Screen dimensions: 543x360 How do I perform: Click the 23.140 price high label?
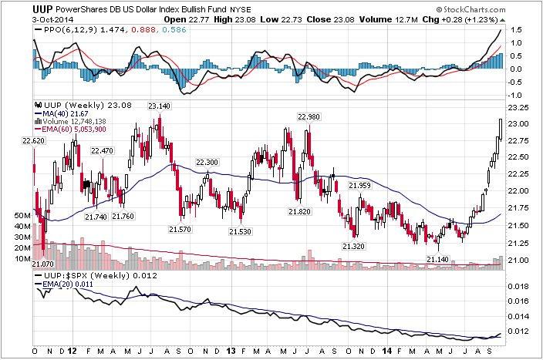point(160,106)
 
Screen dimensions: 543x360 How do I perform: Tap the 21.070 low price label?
point(43,264)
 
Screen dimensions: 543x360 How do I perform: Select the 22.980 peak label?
point(309,117)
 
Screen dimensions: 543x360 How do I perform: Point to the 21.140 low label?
point(438,259)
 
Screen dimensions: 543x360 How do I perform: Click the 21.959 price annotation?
point(359,186)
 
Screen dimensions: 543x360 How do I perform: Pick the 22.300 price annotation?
point(207,163)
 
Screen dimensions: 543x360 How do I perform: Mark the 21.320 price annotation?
point(353,246)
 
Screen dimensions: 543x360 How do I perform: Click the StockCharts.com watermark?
point(471,9)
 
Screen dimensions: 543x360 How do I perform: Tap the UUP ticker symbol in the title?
point(43,9)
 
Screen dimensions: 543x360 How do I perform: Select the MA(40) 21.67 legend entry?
point(62,113)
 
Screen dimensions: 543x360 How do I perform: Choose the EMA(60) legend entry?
point(70,129)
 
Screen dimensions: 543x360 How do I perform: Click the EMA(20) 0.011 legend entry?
point(64,284)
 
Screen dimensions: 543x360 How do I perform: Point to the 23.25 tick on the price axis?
point(518,108)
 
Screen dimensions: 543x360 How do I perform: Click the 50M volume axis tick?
point(22,215)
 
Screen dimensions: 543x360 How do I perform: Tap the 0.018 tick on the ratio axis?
point(518,286)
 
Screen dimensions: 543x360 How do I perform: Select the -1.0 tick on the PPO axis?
point(515,96)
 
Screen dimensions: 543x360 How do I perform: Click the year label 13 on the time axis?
point(231,351)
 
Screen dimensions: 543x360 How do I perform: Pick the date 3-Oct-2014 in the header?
point(53,20)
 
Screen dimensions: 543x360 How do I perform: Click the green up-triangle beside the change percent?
point(502,20)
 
